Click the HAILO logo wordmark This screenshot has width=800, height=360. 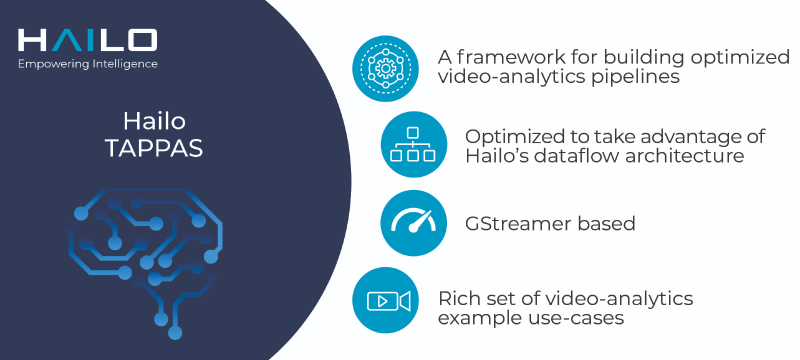coord(87,40)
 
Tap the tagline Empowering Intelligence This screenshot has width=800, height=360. coord(87,64)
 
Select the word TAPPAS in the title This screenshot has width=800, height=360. coord(154,148)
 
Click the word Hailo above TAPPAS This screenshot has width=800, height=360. coord(154,121)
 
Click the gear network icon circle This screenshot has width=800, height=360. coord(385,68)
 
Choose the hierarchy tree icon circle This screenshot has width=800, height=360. coord(413,144)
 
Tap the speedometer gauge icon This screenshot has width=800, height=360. coord(413,223)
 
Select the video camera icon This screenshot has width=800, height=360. coord(385,300)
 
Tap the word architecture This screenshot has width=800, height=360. coord(684,156)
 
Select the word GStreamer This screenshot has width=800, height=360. coord(518,223)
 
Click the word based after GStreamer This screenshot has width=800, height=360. coord(606,223)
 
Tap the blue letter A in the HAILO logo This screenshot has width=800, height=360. coord(67,40)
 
